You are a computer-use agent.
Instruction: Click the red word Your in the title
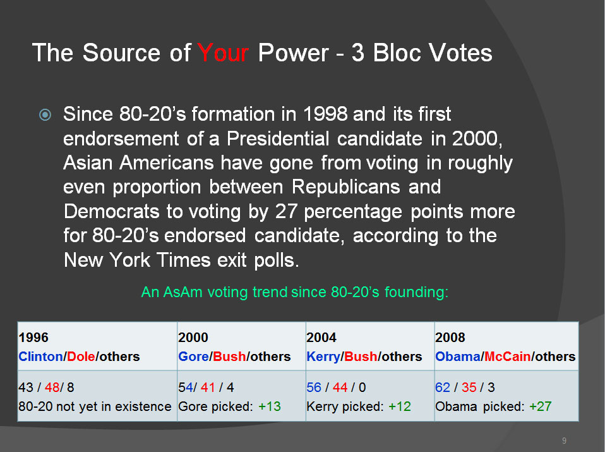click(223, 52)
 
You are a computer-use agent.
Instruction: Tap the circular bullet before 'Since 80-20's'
click(45, 115)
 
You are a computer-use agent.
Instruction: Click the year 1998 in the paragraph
click(325, 114)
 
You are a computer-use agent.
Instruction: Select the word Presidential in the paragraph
click(278, 138)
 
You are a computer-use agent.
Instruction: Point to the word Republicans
click(345, 187)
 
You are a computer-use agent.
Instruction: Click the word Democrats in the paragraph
click(112, 211)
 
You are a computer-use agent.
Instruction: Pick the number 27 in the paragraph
click(286, 211)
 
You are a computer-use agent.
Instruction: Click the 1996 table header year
click(33, 338)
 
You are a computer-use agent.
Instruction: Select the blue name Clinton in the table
click(40, 356)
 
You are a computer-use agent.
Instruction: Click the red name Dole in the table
click(81, 356)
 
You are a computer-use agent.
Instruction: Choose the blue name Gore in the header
click(193, 356)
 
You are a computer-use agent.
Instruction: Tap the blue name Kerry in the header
click(323, 356)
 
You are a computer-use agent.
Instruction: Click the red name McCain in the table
click(507, 356)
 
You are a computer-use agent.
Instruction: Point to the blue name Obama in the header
click(458, 356)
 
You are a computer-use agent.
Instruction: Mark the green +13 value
click(269, 406)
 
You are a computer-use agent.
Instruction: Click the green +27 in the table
click(540, 406)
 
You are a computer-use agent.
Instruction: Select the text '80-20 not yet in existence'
click(95, 406)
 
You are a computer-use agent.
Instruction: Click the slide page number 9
click(564, 441)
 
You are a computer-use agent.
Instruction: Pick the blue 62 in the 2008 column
click(443, 387)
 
